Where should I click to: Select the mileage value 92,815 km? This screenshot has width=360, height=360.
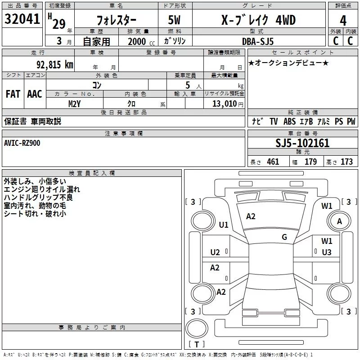(54, 65)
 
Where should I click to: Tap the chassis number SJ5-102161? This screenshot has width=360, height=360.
(302, 144)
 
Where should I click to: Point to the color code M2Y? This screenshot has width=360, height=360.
(75, 103)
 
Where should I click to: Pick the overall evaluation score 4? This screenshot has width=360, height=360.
(343, 20)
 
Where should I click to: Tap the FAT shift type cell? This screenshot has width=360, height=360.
(13, 94)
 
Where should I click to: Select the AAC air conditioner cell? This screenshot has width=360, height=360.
(35, 94)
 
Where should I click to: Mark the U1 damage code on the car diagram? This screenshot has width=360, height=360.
(224, 225)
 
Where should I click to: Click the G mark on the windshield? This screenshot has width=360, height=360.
(284, 237)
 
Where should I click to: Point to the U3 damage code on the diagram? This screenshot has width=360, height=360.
(327, 252)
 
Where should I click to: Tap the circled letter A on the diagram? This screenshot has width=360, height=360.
(340, 221)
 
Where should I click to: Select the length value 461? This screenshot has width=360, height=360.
(273, 162)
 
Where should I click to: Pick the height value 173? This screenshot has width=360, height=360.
(346, 162)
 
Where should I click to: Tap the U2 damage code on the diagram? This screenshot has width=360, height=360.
(215, 252)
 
